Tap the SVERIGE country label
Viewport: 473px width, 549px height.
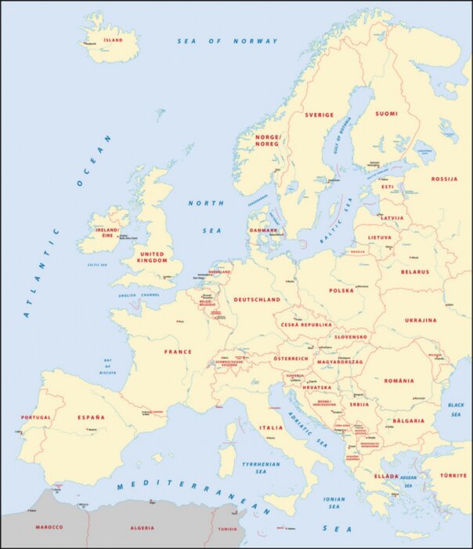point(319,115)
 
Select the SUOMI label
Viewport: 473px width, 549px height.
point(386,114)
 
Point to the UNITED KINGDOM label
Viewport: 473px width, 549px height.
point(152,258)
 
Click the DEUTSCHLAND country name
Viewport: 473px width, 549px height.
point(258,300)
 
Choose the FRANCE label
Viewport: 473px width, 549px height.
point(178,352)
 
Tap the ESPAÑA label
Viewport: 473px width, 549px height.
point(91,417)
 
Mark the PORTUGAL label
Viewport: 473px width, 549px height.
point(36,417)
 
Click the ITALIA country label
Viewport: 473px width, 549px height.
point(271,427)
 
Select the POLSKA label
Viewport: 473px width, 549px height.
point(341,290)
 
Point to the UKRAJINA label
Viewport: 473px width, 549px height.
point(421,320)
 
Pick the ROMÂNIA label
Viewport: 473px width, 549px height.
point(399,380)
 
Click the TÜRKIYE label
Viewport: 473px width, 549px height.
point(453,475)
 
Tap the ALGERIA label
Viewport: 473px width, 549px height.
point(141,528)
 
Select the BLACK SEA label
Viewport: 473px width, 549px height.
point(456,408)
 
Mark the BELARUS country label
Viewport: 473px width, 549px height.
point(414,272)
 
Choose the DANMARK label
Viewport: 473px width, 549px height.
point(263,230)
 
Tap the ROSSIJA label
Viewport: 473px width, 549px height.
point(444,179)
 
